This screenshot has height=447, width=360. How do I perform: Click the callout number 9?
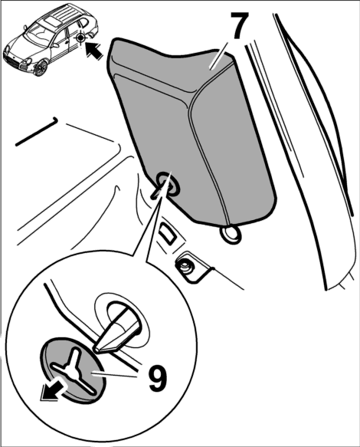[158, 377]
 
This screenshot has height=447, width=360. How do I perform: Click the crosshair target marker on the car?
[81, 38]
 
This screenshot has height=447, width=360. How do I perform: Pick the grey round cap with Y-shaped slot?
[74, 370]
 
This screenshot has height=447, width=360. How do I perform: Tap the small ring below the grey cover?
[231, 234]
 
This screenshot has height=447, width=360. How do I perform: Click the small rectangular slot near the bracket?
[168, 233]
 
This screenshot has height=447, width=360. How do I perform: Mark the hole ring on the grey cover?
[168, 184]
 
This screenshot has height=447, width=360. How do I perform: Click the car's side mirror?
[26, 28]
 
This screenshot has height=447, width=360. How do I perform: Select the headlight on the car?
[28, 61]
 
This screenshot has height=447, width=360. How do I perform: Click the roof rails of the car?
[64, 14]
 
